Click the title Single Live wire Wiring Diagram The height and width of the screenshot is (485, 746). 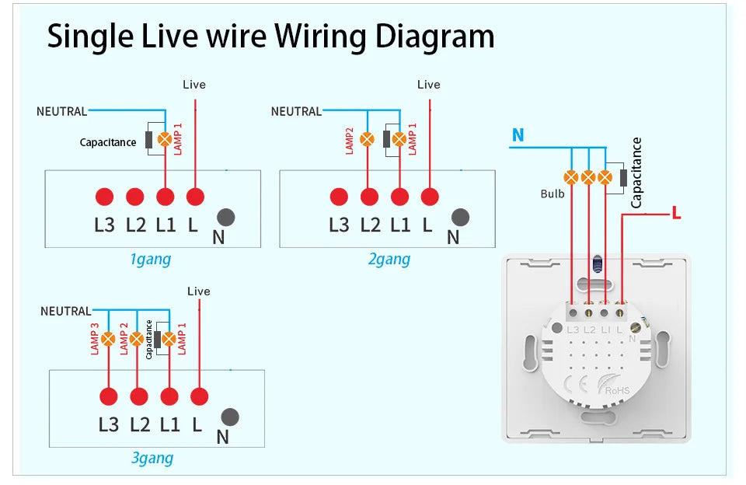270,36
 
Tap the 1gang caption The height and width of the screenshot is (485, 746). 151,259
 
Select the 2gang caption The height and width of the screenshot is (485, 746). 389,259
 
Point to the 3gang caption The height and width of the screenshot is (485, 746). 152,458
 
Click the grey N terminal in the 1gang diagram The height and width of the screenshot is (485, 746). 225,218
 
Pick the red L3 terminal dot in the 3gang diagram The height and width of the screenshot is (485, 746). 108,396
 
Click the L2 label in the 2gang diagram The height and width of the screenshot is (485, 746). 370,225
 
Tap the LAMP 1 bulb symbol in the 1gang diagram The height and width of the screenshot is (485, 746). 165,140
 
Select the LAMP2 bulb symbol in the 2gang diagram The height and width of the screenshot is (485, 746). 369,140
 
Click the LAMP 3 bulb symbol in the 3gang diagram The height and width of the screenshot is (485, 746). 108,339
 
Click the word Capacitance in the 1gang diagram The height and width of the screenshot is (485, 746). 108,142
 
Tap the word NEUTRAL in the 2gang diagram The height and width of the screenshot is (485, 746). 296,112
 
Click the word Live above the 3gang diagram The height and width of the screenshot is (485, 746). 199,291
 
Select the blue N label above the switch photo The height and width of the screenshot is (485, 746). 518,136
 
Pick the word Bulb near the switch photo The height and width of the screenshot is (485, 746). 553,194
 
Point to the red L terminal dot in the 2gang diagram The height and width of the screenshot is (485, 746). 428,197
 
